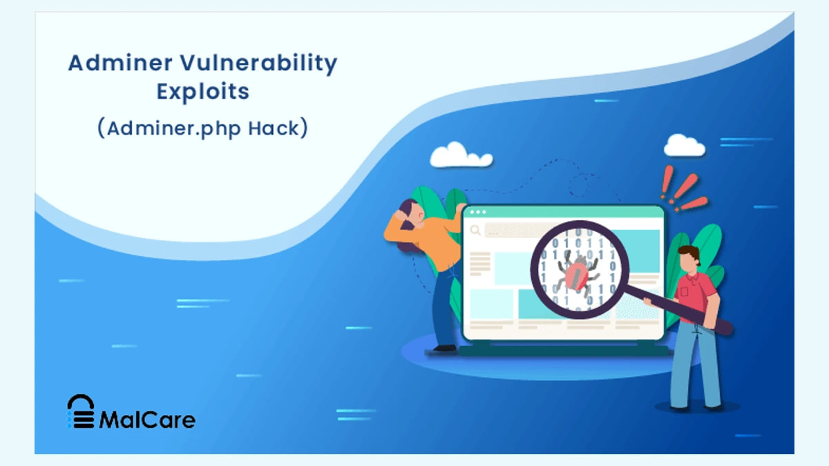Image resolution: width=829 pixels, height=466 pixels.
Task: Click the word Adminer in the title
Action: pos(120,63)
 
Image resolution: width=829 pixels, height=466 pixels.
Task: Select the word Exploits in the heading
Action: pos(203,92)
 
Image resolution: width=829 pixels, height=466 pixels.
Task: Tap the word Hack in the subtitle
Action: pos(273,128)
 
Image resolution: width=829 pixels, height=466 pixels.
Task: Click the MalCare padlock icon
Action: pos(81,411)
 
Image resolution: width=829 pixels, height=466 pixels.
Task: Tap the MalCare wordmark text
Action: pos(147,420)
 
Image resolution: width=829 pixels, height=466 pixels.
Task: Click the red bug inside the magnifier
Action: pos(577,273)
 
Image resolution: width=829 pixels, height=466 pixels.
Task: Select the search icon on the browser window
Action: pos(475,231)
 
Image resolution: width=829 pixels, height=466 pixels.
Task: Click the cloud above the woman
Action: pos(461,155)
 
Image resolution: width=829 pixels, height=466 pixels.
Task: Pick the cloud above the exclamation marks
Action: pos(685,146)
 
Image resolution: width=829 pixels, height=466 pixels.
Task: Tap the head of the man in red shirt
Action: pos(689,260)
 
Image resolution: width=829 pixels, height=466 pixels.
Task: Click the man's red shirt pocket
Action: pos(684,291)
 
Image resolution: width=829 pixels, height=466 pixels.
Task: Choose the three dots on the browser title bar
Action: pos(478,213)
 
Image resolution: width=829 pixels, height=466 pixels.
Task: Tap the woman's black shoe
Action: pos(444,348)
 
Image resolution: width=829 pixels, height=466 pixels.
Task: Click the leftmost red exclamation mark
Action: pos(667,182)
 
